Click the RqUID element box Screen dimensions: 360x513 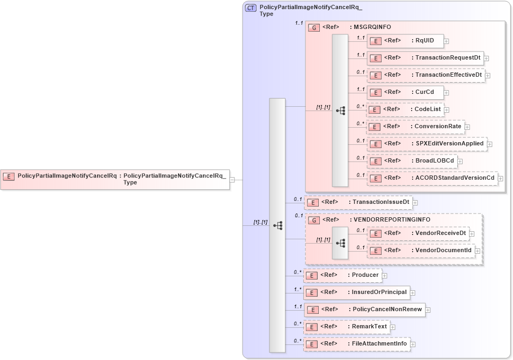pos(405,41)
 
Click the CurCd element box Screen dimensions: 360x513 pos(405,92)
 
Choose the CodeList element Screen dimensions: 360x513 pos(405,109)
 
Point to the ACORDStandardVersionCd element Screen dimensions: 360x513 pos(431,178)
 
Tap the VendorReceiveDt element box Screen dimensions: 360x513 pos(417,233)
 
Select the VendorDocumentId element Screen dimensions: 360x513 pos(420,251)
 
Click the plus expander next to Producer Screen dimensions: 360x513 pos(385,276)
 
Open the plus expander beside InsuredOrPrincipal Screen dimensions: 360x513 pos(413,293)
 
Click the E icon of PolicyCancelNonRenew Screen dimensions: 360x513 pos(311,310)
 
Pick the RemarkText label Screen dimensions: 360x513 pos(369,327)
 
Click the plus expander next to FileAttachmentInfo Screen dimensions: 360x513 pos(413,344)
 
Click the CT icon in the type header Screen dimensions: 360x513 pos(250,9)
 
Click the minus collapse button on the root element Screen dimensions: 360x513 pos(232,180)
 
